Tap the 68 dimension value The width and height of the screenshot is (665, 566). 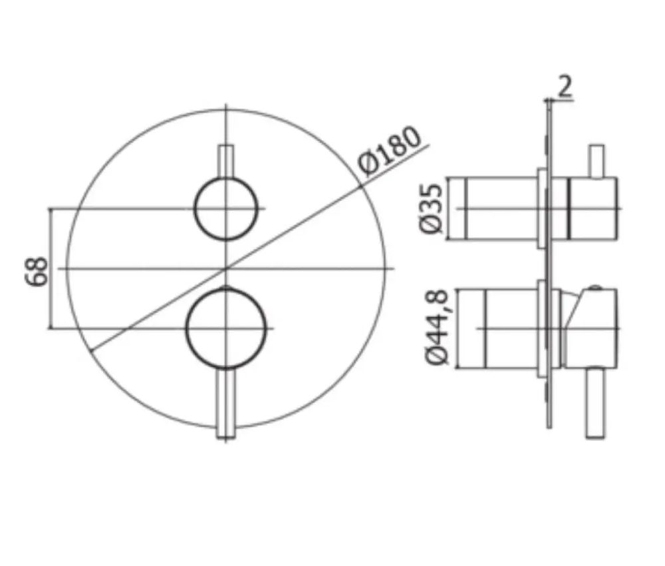point(37,271)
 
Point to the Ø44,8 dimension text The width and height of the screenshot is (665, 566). point(437,328)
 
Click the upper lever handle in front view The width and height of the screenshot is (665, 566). point(225,162)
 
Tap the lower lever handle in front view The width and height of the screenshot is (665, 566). point(225,403)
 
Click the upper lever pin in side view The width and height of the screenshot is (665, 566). point(596,161)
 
